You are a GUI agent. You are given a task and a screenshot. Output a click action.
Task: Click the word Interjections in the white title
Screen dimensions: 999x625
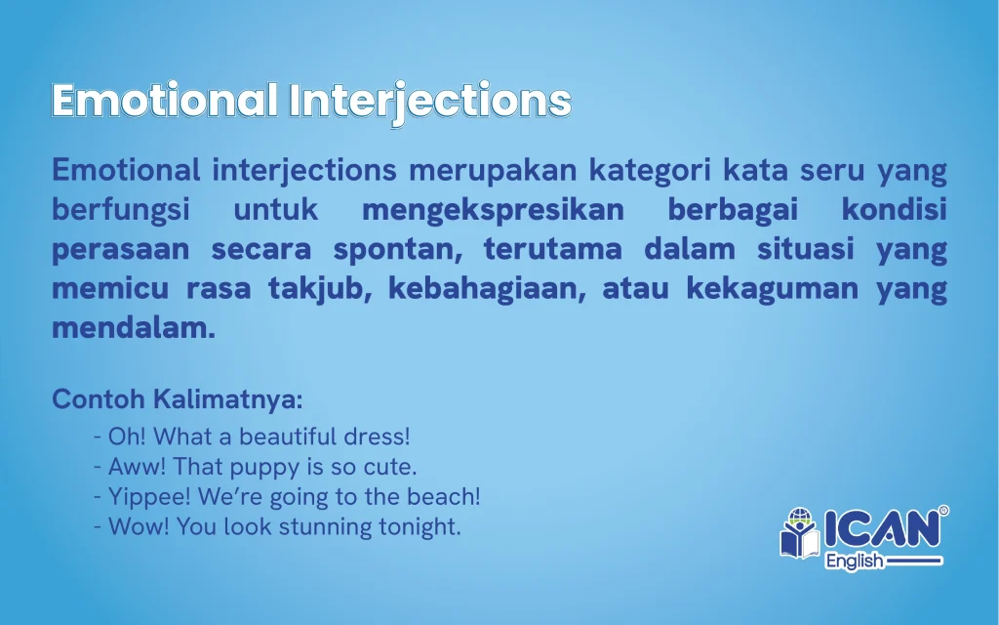point(430,102)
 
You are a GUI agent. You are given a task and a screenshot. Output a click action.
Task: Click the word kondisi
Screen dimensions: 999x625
point(894,209)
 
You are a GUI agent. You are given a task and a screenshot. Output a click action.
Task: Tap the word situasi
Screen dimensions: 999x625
point(805,248)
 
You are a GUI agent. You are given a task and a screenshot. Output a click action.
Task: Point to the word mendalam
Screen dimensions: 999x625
point(134,328)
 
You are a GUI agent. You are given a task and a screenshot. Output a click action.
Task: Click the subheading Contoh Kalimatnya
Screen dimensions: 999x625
point(178,399)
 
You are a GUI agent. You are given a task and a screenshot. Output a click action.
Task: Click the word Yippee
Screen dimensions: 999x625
point(149,497)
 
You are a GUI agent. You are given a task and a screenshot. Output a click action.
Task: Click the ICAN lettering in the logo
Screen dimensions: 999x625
point(882,528)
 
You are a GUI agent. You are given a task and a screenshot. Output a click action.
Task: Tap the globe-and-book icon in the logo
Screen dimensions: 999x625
point(800,533)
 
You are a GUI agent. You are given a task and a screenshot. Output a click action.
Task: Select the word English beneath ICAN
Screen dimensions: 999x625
point(854,562)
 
